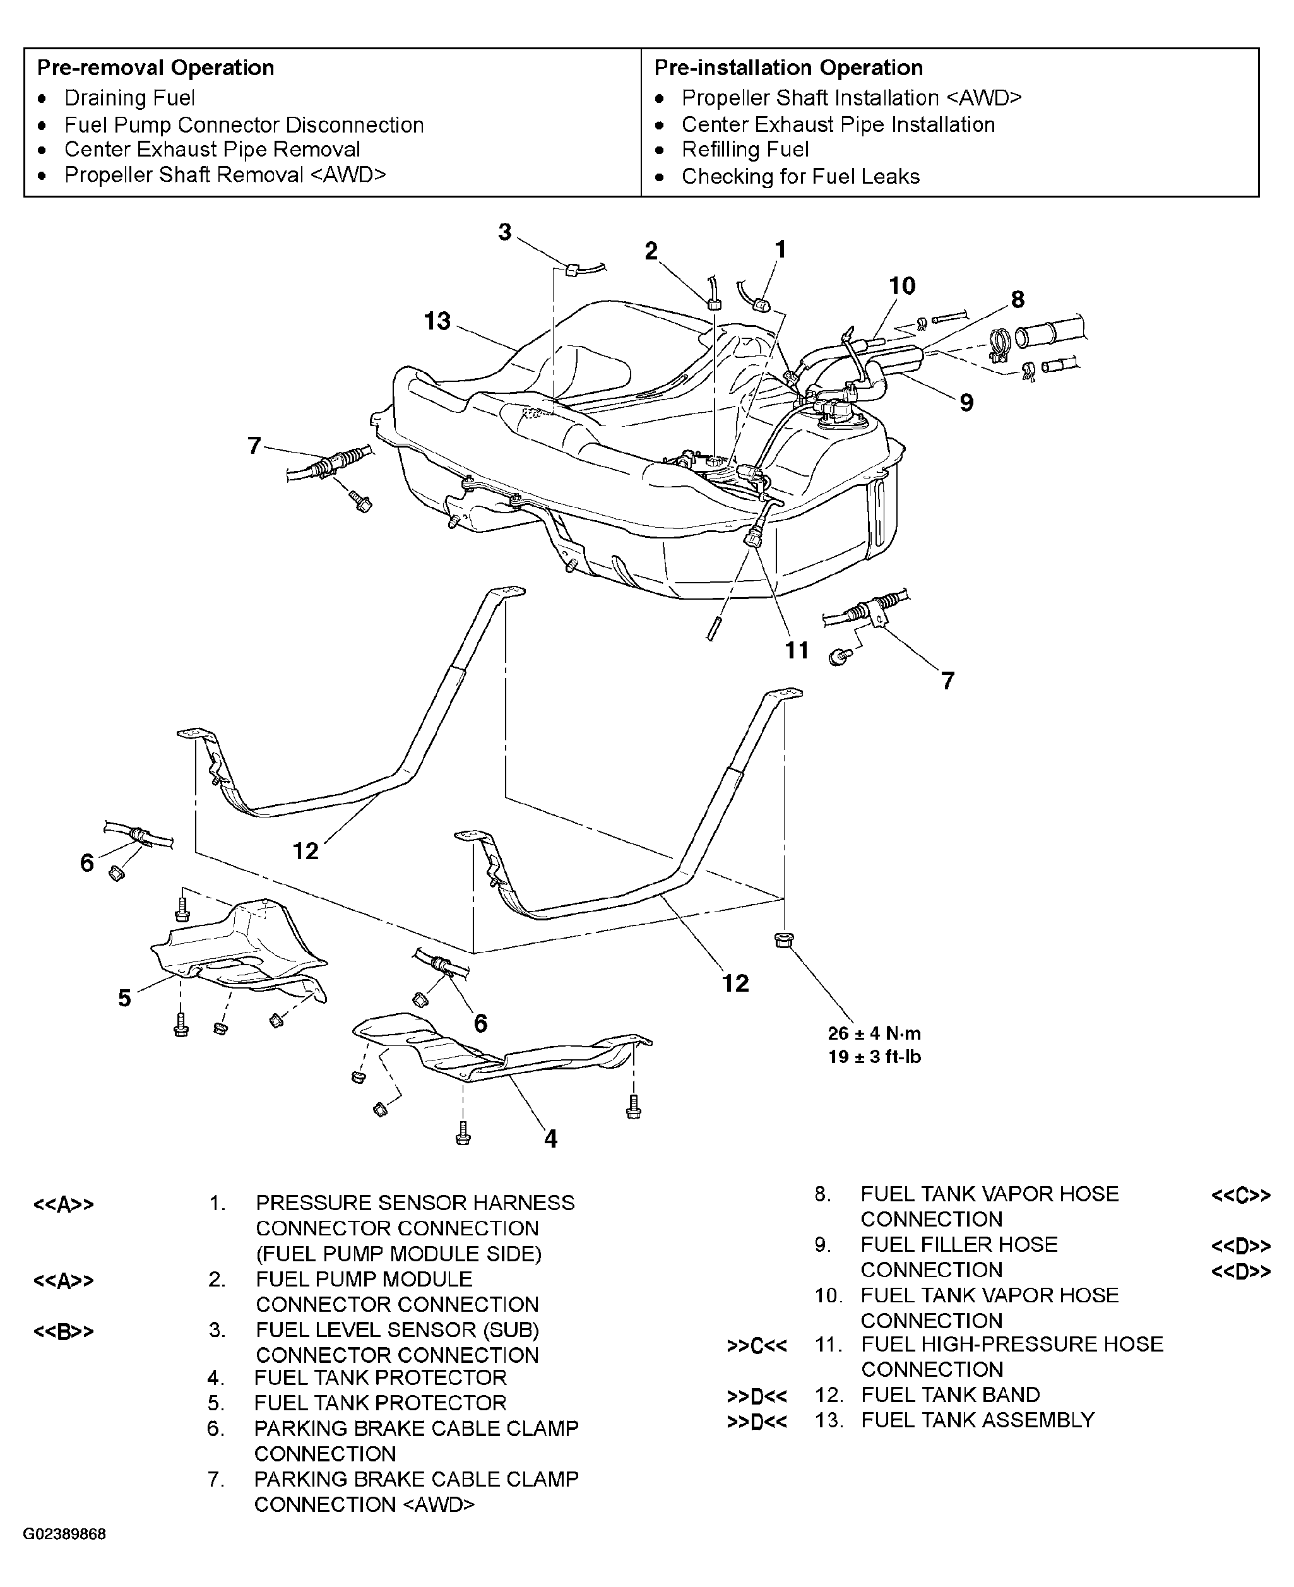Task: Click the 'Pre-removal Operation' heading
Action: [156, 68]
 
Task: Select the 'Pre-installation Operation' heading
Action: [788, 68]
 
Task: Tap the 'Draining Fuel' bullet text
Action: [129, 98]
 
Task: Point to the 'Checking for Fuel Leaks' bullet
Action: [800, 177]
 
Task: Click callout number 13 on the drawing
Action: [437, 321]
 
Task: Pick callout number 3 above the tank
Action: [506, 232]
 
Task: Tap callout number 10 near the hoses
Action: [902, 285]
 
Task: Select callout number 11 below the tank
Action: [797, 651]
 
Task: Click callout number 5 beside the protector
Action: [124, 998]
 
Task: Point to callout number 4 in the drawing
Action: [551, 1139]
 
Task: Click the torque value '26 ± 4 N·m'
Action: [874, 1033]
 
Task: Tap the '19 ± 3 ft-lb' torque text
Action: [874, 1057]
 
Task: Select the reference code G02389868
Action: [64, 1535]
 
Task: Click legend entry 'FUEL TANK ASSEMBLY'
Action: [978, 1420]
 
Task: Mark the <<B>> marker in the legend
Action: [64, 1332]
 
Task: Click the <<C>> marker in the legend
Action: [1241, 1196]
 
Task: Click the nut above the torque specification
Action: [783, 940]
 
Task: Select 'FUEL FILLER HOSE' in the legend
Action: [959, 1244]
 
